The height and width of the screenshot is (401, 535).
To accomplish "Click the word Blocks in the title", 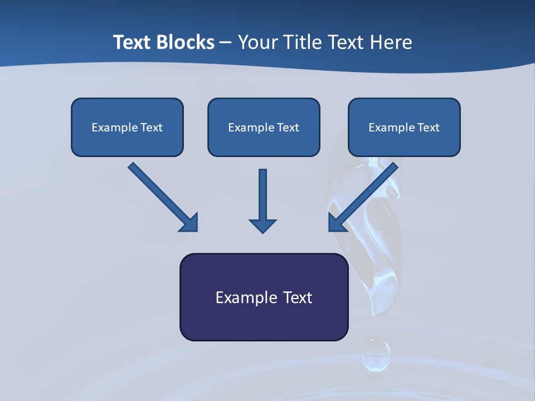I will pyautogui.click(x=182, y=42).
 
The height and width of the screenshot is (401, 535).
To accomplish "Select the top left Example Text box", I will pyautogui.click(x=127, y=127).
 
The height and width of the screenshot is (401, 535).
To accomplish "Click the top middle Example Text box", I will pyautogui.click(x=264, y=127).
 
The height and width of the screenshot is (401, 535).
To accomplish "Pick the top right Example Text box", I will pyautogui.click(x=404, y=127).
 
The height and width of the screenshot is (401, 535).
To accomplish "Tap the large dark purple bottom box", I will pyautogui.click(x=264, y=297).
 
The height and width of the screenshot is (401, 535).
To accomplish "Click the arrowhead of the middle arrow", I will pyautogui.click(x=262, y=225).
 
